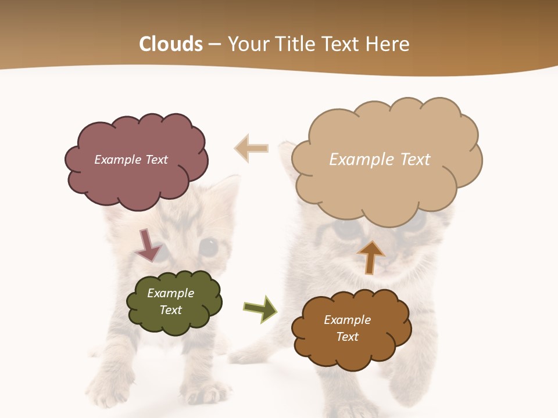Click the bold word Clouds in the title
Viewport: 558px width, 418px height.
(171, 44)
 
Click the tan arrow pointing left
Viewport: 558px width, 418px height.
(251, 148)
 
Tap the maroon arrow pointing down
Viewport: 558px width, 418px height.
(148, 245)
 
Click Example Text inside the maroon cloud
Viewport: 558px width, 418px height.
(131, 160)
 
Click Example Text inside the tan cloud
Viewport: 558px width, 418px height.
(380, 160)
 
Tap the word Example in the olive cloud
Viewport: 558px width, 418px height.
(170, 293)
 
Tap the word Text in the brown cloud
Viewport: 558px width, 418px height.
(347, 337)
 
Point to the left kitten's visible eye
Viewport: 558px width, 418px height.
(208, 247)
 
